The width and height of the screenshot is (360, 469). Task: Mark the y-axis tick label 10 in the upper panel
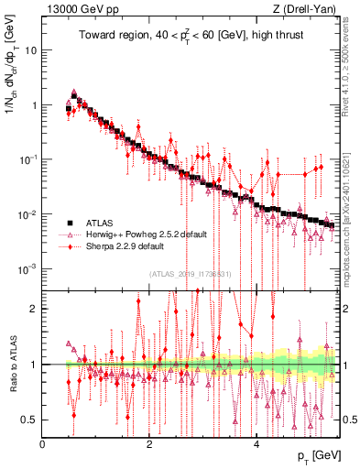tap(29, 49)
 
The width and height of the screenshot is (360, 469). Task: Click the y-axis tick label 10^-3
tap(27, 268)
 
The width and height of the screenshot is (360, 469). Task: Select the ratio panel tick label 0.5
tap(29, 420)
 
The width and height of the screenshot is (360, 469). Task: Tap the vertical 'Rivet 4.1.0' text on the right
tap(350, 60)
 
